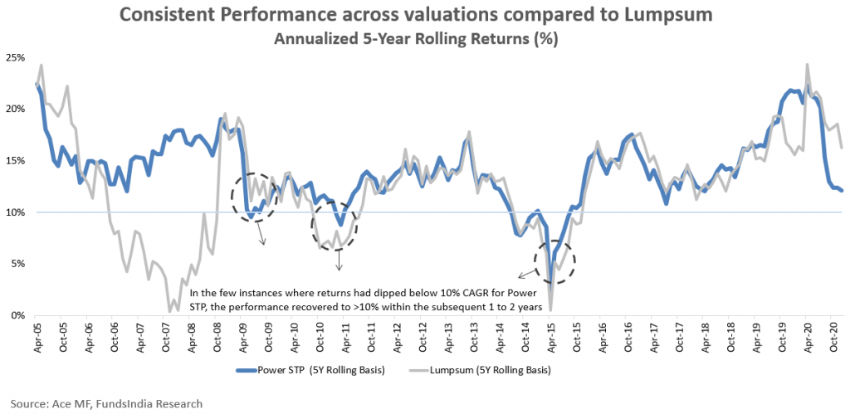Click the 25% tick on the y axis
(16, 57)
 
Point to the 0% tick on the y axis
(18, 315)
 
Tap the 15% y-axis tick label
(16, 160)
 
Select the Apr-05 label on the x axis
(37, 336)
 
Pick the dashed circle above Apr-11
(336, 226)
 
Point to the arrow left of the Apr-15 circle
(525, 275)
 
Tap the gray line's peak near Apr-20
(807, 65)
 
